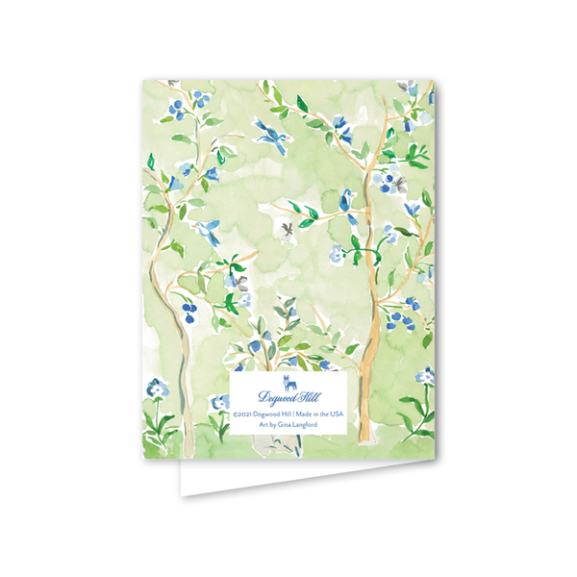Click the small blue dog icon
288,380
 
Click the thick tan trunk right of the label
366,385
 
